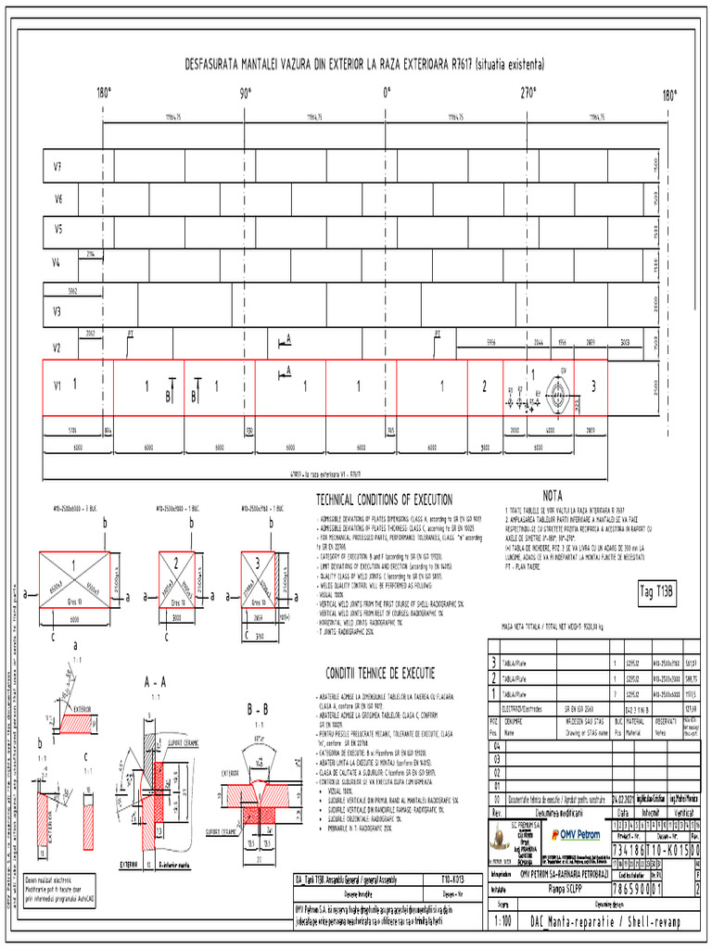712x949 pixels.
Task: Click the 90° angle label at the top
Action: [x=246, y=95]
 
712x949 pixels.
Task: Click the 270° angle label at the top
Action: [x=528, y=95]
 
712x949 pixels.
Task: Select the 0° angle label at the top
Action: [x=387, y=95]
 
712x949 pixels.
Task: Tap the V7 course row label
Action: [x=57, y=167]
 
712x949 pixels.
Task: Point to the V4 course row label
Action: [x=57, y=263]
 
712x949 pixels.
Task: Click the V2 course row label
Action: [x=57, y=348]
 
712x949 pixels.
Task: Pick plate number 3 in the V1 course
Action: [x=593, y=386]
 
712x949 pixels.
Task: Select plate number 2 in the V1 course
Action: [x=483, y=386]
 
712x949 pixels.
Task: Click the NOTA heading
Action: [x=553, y=495]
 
